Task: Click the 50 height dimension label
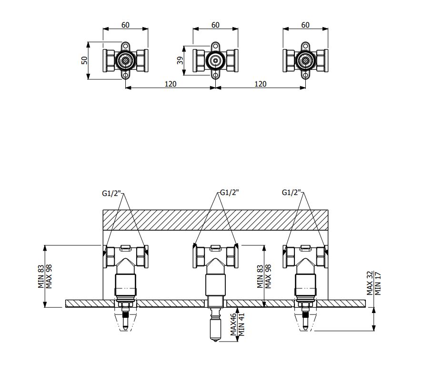pyautogui.click(x=85, y=60)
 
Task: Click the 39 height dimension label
pyautogui.click(x=180, y=60)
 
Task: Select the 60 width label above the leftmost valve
pyautogui.click(x=125, y=25)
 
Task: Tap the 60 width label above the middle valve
pyautogui.click(x=215, y=25)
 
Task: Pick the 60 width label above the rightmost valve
pyautogui.click(x=305, y=25)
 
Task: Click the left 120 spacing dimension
pyautogui.click(x=171, y=84)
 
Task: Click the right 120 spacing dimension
pyautogui.click(x=261, y=84)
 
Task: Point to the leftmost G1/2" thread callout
pyautogui.click(x=111, y=193)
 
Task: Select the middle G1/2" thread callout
pyautogui.click(x=229, y=193)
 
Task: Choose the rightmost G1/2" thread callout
pyautogui.click(x=292, y=193)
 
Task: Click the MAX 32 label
pyautogui.click(x=370, y=283)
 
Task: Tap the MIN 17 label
pyautogui.click(x=378, y=284)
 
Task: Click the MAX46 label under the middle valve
pyautogui.click(x=233, y=324)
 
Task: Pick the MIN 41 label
pyautogui.click(x=241, y=324)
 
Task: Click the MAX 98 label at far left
pyautogui.click(x=49, y=276)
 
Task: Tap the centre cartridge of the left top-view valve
pyautogui.click(x=125, y=61)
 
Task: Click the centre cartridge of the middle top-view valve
pyautogui.click(x=215, y=61)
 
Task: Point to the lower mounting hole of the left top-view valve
pyautogui.click(x=125, y=75)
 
